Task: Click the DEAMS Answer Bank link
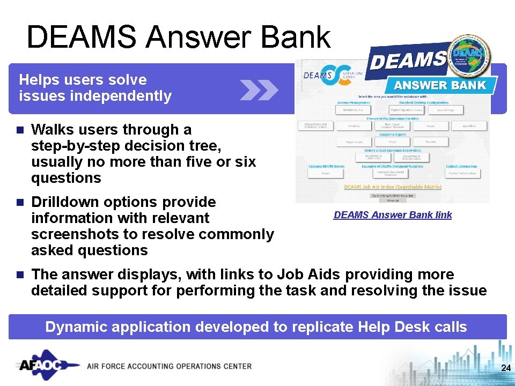pyautogui.click(x=392, y=215)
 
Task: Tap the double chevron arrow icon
pyautogui.click(x=259, y=90)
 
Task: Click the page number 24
pyautogui.click(x=505, y=368)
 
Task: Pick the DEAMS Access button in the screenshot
pyautogui.click(x=352, y=109)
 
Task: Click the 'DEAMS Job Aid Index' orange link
pyautogui.click(x=393, y=187)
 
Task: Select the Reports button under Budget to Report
pyautogui.click(x=430, y=142)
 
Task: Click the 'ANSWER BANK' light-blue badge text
pyautogui.click(x=440, y=85)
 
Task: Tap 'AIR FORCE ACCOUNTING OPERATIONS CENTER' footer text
pyautogui.click(x=169, y=366)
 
